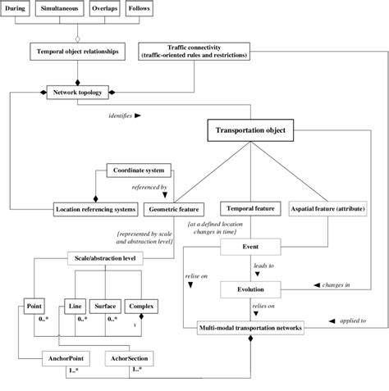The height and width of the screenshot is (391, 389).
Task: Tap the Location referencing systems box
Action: point(96,209)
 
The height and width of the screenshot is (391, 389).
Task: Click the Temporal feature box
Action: point(249,209)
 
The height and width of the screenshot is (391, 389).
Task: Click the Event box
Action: point(251,246)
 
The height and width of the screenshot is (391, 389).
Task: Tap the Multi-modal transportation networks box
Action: point(251,328)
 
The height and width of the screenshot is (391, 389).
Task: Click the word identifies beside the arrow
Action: point(121,116)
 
